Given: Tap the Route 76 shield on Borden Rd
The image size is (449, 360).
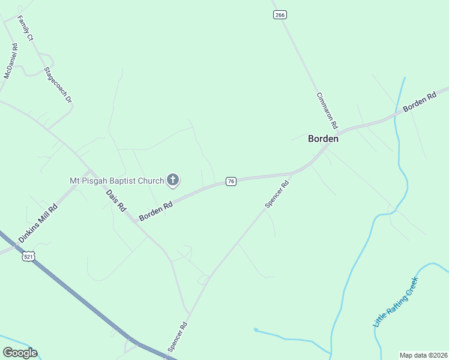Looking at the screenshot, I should (x=231, y=181).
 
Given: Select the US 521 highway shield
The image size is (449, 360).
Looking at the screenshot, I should (x=28, y=256).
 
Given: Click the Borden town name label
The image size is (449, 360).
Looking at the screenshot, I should (x=323, y=139).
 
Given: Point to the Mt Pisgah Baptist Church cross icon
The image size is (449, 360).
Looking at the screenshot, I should (x=173, y=179).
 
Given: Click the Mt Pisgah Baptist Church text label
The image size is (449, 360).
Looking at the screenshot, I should (x=116, y=180).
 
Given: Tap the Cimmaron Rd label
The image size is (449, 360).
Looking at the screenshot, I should (x=327, y=112).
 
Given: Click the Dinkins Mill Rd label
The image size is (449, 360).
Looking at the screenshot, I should (x=38, y=223).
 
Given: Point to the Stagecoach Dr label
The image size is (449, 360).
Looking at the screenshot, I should (x=58, y=84).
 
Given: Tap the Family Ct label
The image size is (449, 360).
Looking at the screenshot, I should (x=25, y=29).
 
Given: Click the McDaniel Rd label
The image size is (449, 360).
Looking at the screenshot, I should (x=10, y=61).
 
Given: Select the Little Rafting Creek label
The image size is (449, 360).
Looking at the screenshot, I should (x=395, y=302).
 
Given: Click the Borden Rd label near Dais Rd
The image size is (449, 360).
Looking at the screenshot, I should (x=156, y=211).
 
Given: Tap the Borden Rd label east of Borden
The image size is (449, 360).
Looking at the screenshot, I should (x=420, y=101).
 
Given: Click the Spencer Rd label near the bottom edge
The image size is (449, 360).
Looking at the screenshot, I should (x=178, y=337).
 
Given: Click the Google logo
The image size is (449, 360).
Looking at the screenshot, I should (x=20, y=353).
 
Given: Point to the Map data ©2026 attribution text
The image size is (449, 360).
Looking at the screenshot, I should (x=423, y=355).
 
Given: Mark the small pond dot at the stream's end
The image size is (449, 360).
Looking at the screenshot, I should (x=256, y=329).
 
